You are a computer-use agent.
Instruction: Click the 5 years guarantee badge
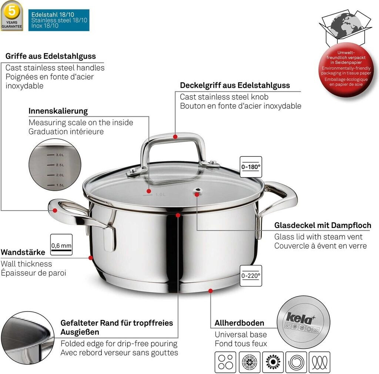point(11,16)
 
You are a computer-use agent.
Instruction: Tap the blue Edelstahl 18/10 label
point(59,20)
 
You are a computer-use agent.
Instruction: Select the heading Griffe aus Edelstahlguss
point(50,56)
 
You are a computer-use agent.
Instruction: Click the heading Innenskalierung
point(58,111)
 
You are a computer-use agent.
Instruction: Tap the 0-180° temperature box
point(251,167)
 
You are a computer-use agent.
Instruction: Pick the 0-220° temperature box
point(251,276)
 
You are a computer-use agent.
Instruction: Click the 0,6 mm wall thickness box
point(61,245)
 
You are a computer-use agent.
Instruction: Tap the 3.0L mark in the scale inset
point(56,155)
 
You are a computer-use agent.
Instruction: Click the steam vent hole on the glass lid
point(198,191)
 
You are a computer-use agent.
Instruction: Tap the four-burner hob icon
point(225,362)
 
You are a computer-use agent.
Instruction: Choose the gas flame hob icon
point(273,362)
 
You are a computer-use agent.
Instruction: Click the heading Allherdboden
point(239,323)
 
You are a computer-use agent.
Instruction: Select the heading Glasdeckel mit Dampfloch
point(323,225)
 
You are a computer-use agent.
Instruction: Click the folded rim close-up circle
point(27,338)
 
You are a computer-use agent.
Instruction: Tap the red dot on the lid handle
point(175,137)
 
